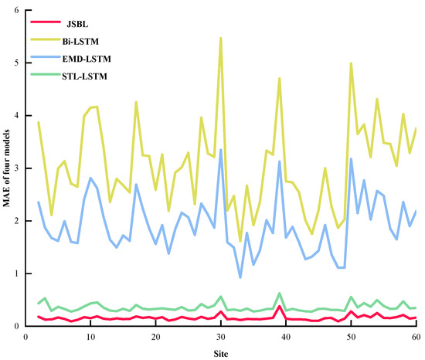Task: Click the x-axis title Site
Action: (221, 353)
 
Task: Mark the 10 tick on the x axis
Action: (90, 337)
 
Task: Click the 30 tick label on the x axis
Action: (221, 337)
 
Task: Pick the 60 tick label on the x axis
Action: (416, 337)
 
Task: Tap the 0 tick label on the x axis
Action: (25, 337)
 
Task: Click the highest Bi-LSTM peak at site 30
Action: (221, 38)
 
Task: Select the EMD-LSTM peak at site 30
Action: (221, 150)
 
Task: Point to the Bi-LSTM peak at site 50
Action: (351, 63)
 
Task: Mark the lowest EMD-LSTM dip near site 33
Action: (240, 277)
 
